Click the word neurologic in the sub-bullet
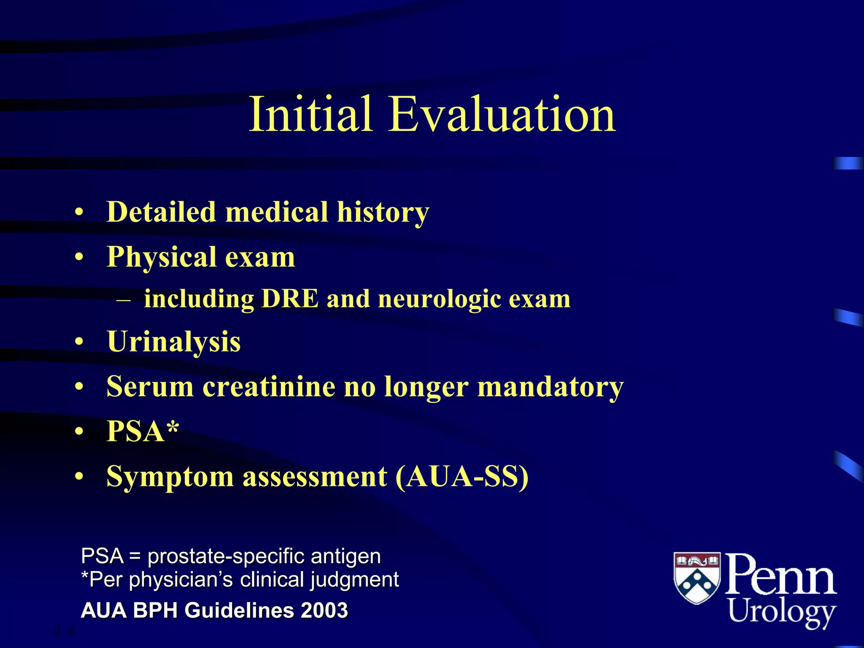coord(439,300)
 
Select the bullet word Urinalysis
coord(174,342)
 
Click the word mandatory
coord(550,387)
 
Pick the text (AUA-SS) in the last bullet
coord(462,476)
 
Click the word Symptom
coord(170,477)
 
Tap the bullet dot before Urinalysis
coord(79,342)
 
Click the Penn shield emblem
coord(697,578)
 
